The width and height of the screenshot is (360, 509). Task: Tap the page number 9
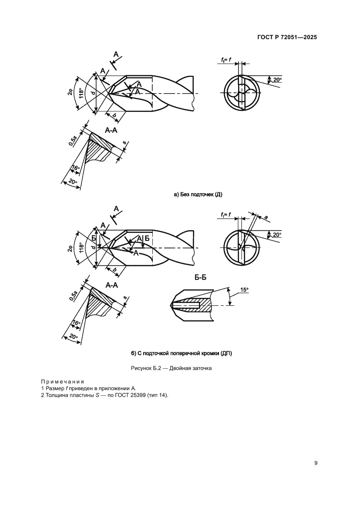coord(316,463)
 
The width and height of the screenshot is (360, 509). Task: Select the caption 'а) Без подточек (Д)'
coord(198,195)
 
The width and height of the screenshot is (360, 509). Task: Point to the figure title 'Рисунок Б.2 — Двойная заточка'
coord(171,368)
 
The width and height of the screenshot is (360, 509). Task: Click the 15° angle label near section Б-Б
coord(244,289)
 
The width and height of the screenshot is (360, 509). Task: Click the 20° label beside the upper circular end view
coord(277,80)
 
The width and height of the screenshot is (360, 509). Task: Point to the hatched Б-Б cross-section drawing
coord(192,306)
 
